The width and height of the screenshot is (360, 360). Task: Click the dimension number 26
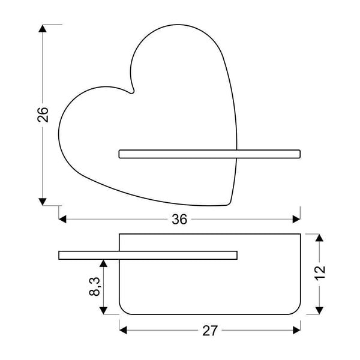pos(43,114)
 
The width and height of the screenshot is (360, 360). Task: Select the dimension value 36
pos(179,220)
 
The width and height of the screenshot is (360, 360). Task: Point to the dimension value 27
pos(209,330)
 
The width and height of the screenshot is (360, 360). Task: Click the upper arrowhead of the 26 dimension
pos(43,30)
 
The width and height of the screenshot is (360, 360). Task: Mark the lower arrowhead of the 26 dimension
pos(43,200)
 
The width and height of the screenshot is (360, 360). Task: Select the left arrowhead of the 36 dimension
pos(64,220)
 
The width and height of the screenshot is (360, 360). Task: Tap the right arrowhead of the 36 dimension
pos(295,220)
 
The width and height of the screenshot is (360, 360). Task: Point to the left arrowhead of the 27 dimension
pos(124,330)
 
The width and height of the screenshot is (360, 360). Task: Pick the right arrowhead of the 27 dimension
pos(295,330)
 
